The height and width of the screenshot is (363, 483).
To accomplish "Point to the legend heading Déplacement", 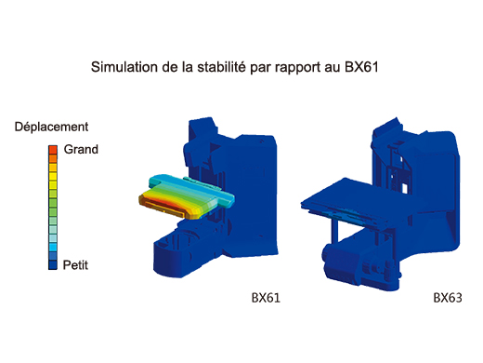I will point(51,126).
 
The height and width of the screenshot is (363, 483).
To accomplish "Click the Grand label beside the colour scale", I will point(81,149).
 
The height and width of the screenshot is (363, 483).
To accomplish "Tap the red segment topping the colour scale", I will point(53,149).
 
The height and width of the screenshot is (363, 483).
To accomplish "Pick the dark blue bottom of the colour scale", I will point(53,263).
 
